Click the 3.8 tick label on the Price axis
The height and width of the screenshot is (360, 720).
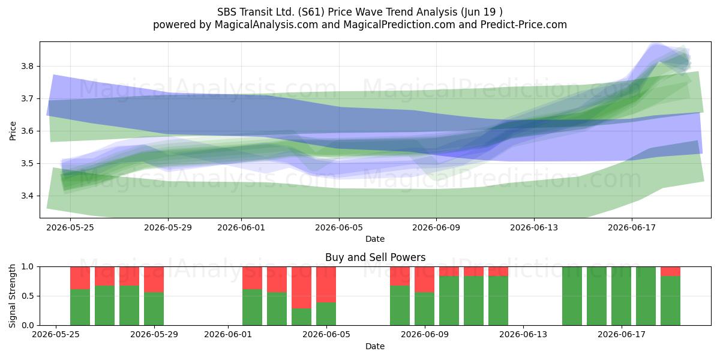coord(27,67)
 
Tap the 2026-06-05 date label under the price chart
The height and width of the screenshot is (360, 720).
coord(339,227)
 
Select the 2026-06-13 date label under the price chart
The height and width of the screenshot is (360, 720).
coord(534,227)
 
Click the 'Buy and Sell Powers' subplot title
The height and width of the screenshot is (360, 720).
coord(375,257)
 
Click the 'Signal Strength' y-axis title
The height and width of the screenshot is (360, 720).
coord(12,296)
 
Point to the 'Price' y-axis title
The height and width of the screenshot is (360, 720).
coord(13,131)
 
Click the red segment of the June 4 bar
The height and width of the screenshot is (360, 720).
coord(301,287)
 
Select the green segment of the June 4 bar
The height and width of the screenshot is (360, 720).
coord(301,317)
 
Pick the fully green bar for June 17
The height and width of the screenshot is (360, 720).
coord(621,296)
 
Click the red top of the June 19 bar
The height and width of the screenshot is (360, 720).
coord(670,271)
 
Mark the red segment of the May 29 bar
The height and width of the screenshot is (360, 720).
coord(154,280)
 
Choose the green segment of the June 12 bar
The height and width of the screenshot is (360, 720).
coord(498,301)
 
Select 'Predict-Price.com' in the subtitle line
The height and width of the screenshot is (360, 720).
coord(524,25)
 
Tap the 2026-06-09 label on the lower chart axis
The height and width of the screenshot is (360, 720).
coord(425,335)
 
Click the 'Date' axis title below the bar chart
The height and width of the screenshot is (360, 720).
coord(375,346)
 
